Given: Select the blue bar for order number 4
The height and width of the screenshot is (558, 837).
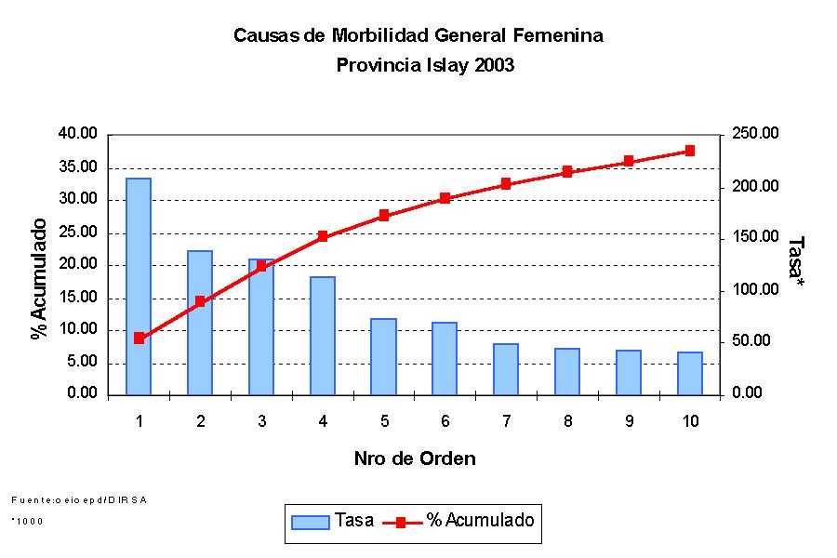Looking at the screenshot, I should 323,336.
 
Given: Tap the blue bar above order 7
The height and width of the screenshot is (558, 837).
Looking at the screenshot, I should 506,369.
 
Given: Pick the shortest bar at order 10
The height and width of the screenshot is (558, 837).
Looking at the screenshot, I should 690,373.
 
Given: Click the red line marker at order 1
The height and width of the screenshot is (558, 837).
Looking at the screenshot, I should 139,339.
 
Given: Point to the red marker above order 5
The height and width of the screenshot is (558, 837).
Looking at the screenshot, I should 384,216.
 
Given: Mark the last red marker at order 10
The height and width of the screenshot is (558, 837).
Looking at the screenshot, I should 690,151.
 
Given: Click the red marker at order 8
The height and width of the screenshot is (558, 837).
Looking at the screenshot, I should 567,172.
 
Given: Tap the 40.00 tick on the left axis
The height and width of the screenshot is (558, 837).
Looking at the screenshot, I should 78,134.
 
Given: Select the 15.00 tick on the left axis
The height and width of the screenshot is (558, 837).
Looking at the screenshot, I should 78,298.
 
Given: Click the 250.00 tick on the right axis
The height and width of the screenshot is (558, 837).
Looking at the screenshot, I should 754,134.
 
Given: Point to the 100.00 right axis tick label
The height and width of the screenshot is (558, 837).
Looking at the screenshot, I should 754,290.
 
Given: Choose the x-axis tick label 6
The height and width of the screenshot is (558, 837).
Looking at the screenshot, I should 445,421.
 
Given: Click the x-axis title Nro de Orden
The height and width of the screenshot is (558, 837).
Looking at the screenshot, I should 415,458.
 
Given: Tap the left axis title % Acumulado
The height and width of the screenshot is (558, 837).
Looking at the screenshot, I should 39,279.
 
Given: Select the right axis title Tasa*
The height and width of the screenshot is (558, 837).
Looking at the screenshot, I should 795,258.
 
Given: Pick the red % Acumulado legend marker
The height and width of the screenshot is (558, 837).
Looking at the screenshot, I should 401,522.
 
